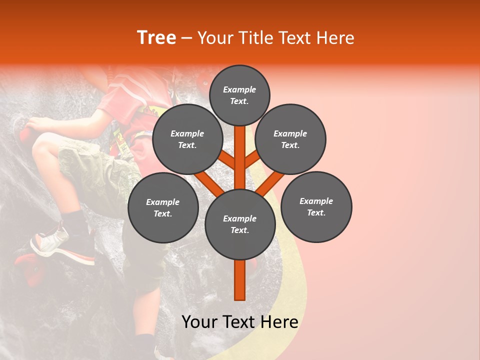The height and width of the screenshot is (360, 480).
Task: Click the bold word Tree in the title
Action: pos(156,38)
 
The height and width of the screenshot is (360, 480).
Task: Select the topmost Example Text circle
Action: pos(239,95)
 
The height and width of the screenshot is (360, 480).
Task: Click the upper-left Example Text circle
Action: pos(187,139)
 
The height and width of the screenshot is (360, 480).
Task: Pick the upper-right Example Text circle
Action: pos(290,139)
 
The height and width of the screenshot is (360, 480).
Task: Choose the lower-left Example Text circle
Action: pos(163,207)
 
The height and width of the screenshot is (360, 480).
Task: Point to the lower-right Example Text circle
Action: pos(316,206)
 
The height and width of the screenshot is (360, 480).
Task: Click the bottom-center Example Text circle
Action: pos(240,224)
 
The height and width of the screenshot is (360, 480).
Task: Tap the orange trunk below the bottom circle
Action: pos(240,280)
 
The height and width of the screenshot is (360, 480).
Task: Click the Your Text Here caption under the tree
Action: pos(240,322)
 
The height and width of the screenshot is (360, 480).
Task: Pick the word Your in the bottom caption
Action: pos(200,322)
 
